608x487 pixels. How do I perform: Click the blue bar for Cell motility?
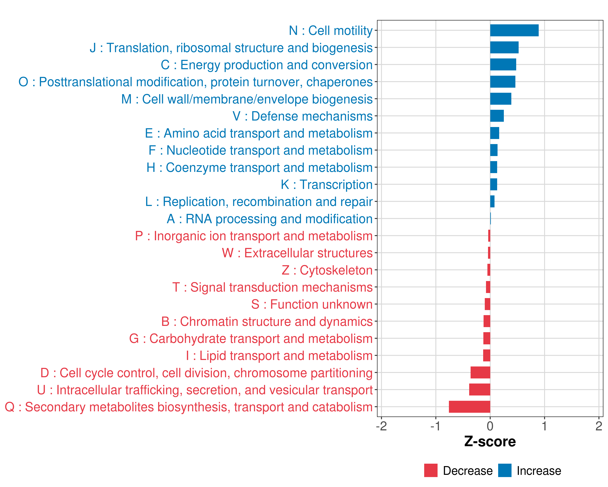click(x=514, y=30)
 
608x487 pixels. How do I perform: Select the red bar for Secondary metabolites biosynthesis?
click(x=470, y=407)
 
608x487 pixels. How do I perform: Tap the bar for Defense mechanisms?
click(x=497, y=116)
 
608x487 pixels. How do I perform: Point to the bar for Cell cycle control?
click(x=480, y=373)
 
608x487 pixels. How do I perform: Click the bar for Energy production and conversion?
click(x=503, y=65)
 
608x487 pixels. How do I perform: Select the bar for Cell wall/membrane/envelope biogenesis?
click(x=501, y=99)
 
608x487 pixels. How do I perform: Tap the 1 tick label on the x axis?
click(x=545, y=426)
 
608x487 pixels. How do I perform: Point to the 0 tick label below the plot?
click(x=490, y=426)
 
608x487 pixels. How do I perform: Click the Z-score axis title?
click(x=490, y=442)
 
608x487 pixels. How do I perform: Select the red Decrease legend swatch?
click(x=431, y=470)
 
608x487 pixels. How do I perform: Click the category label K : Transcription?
click(x=326, y=185)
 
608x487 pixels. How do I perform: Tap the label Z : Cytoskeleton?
click(x=327, y=270)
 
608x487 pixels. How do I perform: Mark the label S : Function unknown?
click(x=312, y=304)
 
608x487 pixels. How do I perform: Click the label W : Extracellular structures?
click(x=297, y=253)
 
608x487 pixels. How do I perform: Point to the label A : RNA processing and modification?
click(x=270, y=219)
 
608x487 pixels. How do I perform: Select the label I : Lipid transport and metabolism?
click(x=279, y=356)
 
